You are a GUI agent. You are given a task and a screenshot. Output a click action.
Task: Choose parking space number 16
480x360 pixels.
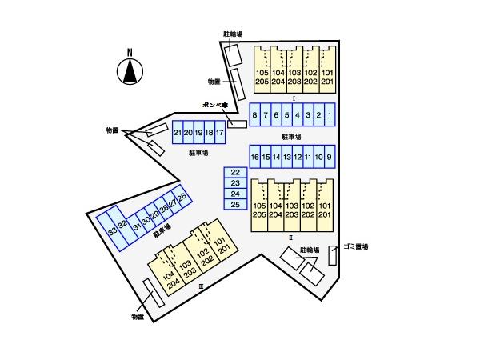click(x=254, y=157)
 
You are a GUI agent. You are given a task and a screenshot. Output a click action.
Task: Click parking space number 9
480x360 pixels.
click(x=329, y=157)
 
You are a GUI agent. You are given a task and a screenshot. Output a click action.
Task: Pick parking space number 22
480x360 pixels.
click(x=235, y=173)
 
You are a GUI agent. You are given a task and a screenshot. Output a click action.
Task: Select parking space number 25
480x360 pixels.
click(x=235, y=205)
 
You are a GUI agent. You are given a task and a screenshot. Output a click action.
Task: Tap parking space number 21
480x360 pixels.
click(x=177, y=133)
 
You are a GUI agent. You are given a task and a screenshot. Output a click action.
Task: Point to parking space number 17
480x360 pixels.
click(x=219, y=133)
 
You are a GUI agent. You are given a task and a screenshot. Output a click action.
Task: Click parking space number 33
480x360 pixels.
click(x=112, y=231)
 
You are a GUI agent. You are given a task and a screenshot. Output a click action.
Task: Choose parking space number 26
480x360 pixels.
click(x=182, y=198)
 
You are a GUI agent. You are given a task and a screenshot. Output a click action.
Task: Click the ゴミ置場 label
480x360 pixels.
click(x=354, y=247)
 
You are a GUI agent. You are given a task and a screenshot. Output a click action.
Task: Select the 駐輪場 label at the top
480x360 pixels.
click(x=234, y=34)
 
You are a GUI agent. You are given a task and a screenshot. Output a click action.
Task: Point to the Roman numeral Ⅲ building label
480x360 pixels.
click(x=202, y=285)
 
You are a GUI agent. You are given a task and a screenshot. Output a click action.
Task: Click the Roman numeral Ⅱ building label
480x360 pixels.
click(x=292, y=238)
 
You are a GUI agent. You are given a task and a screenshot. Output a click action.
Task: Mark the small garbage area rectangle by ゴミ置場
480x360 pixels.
click(x=333, y=254)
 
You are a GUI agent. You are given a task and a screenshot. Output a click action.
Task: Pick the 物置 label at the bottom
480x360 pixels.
click(x=138, y=318)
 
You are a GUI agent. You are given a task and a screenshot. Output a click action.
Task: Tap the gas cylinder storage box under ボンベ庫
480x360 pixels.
click(x=237, y=124)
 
